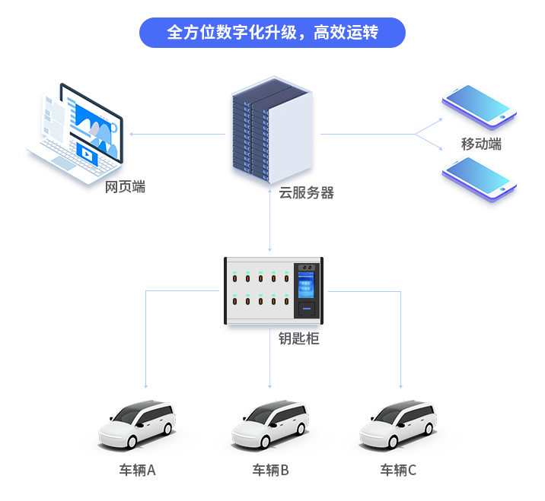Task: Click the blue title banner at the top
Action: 272,33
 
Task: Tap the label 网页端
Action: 125,187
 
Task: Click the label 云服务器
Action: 306,193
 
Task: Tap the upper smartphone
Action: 479,105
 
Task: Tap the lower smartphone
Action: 479,178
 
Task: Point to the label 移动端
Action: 481,144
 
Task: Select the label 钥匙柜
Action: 298,338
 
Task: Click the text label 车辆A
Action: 137,470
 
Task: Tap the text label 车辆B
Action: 270,470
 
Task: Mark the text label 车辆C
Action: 398,470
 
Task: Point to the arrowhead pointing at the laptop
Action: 132,135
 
